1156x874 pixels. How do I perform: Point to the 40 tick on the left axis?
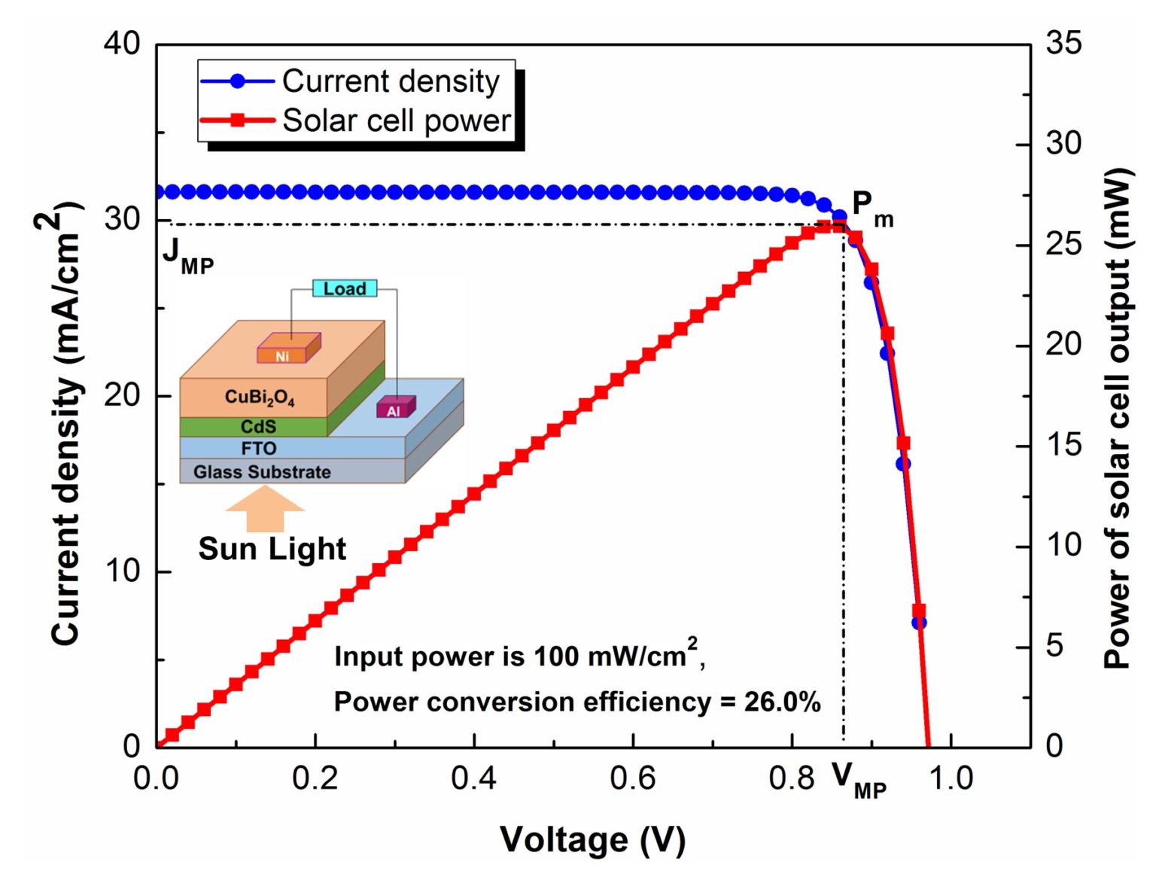(x=122, y=44)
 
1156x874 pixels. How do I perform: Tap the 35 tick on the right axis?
(x=1063, y=43)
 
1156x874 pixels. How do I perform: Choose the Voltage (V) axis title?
(x=592, y=839)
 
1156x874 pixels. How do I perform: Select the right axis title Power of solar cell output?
(x=1118, y=418)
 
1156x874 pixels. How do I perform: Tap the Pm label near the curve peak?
(x=872, y=207)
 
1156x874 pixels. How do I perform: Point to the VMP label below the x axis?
(x=859, y=780)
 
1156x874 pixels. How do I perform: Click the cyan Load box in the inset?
(x=345, y=288)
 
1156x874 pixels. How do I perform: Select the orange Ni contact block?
(x=287, y=350)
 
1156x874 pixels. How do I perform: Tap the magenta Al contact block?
(x=395, y=408)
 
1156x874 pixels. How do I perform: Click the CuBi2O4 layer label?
(x=260, y=397)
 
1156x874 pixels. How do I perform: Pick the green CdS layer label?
(x=258, y=427)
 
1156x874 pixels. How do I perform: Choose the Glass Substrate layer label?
(x=262, y=472)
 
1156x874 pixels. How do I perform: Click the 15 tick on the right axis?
(x=1063, y=445)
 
